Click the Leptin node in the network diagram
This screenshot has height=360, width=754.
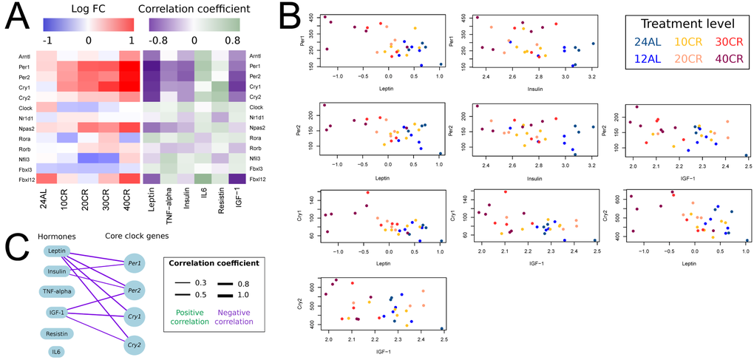(57, 253)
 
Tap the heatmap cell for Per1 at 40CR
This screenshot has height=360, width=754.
(128, 65)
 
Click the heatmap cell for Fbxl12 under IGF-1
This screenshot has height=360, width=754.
(237, 178)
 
